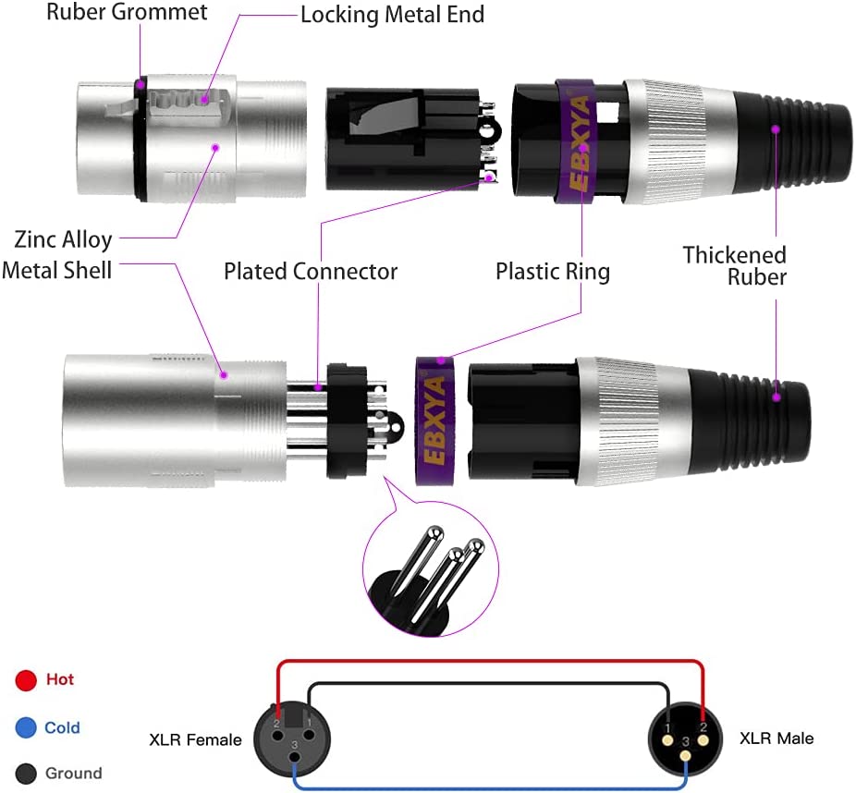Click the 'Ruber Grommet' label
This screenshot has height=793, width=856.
tap(128, 13)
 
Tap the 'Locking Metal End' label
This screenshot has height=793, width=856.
tap(392, 15)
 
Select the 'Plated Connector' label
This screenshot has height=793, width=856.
tap(311, 272)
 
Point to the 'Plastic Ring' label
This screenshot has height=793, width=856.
tap(553, 272)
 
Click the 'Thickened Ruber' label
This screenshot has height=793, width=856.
tap(735, 265)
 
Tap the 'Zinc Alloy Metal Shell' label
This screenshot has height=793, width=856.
tap(63, 254)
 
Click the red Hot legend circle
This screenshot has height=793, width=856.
tap(26, 681)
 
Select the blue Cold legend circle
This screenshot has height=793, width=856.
tap(26, 728)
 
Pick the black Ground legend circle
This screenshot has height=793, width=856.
tap(26, 774)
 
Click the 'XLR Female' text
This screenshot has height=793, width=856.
tap(195, 739)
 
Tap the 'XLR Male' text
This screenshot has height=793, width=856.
tap(777, 738)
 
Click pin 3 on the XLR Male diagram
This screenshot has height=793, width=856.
tap(685, 755)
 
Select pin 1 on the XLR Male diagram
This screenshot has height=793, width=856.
tap(666, 726)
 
